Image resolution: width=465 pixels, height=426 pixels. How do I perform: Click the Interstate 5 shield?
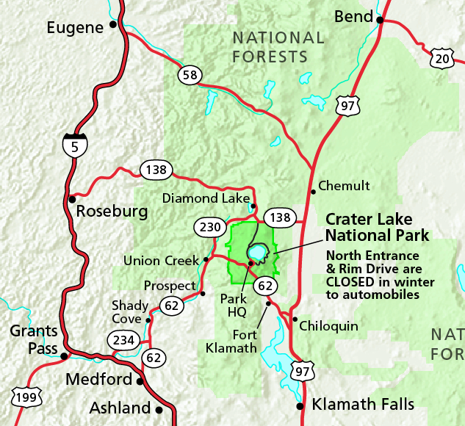coord(73,145)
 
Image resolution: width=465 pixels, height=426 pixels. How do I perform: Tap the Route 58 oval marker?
coord(190,74)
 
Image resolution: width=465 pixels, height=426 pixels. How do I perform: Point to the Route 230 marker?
coord(206,227)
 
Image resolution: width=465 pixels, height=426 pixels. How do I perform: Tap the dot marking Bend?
coord(381,20)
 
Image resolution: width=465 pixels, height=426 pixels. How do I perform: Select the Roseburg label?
coord(112,212)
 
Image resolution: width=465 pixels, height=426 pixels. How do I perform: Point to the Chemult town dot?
coord(313,191)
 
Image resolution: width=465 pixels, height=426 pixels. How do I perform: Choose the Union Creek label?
coord(162,260)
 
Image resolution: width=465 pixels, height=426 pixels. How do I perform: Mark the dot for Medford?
coord(139,380)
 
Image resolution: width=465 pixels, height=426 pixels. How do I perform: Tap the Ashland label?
coord(120,408)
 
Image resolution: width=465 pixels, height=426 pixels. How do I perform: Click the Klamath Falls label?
coord(363,404)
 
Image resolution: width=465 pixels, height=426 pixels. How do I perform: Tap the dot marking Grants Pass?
coord(64,356)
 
